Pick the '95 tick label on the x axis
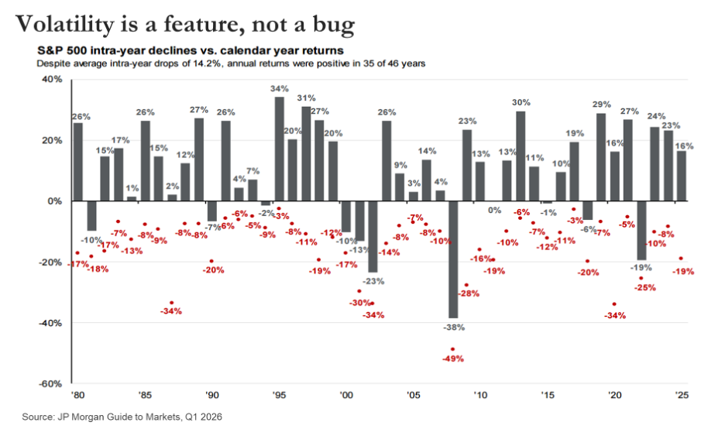278,393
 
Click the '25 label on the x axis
682,393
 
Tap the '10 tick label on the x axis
480,393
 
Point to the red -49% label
452,359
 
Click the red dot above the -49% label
452,349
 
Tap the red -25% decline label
645,287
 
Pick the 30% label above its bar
521,102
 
